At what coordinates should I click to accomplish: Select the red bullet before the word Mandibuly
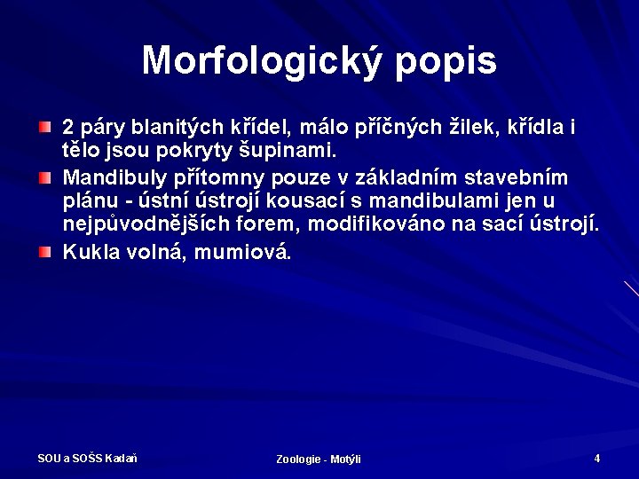click(44, 177)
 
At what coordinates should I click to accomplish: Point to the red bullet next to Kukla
click(44, 253)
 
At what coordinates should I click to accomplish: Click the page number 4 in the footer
click(597, 459)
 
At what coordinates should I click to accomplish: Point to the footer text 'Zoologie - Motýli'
click(319, 459)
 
